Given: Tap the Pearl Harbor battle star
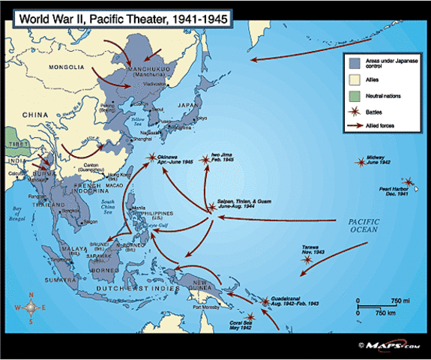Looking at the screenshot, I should tap(408, 182).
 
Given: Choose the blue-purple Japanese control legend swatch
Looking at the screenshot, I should tap(354, 62).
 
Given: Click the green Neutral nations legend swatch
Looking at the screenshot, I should tap(354, 96).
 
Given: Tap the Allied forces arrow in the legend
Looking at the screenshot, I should tap(354, 126).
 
